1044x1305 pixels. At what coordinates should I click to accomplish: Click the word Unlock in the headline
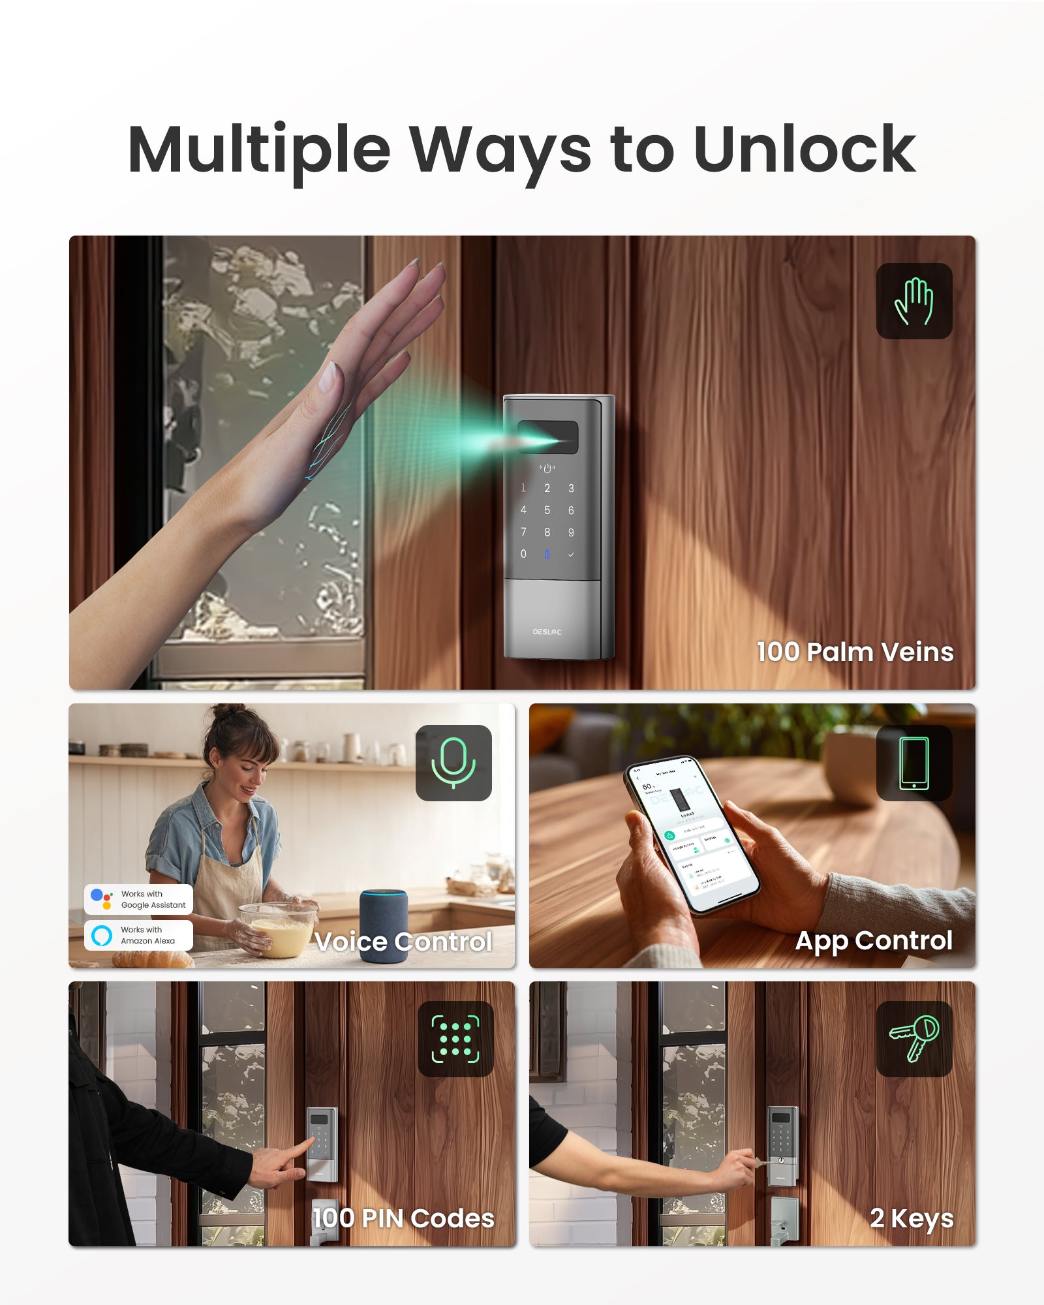pos(804,150)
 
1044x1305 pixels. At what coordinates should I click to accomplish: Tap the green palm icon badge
pos(913,301)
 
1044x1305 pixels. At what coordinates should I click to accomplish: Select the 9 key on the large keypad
pos(571,532)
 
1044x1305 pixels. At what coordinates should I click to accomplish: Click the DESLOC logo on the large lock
pos(547,632)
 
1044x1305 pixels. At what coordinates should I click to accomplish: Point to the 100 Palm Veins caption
pos(855,652)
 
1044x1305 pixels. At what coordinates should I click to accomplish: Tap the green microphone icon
pos(453,763)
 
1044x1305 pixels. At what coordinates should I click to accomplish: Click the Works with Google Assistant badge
pos(138,899)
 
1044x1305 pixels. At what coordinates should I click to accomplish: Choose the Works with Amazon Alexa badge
pos(138,935)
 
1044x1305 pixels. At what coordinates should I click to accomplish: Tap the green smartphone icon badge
pos(914,763)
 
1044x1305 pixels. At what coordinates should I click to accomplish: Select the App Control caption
pos(874,940)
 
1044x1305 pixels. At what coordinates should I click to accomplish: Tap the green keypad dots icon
pos(455,1039)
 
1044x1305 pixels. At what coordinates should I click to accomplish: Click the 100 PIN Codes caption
pos(403,1218)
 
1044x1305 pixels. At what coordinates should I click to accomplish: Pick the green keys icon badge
pos(914,1039)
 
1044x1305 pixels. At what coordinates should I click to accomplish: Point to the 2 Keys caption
pos(912,1218)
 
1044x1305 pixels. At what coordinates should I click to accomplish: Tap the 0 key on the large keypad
pos(523,554)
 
